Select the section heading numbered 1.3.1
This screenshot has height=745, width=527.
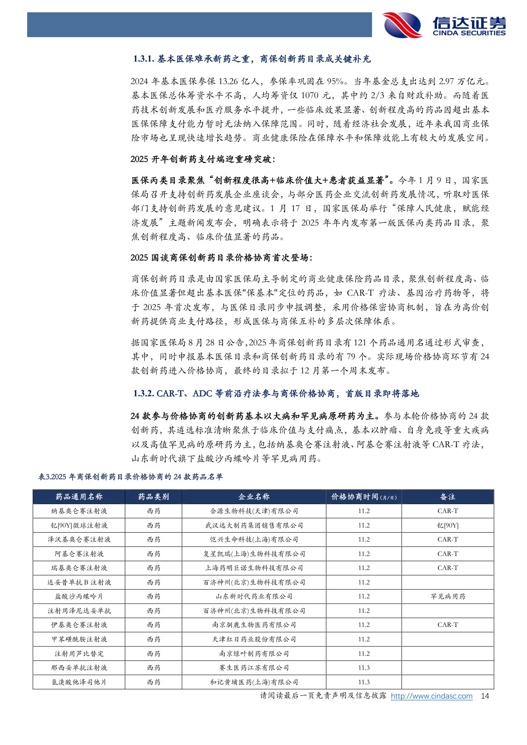tap(252, 59)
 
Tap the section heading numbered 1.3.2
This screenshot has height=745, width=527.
tap(276, 394)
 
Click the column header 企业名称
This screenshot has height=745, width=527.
tap(254, 497)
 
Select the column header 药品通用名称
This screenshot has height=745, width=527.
tap(79, 497)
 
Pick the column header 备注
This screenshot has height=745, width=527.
tap(448, 497)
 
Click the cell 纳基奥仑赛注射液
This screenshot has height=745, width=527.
tap(79, 511)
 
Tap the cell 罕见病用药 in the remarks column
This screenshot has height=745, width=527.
tap(448, 596)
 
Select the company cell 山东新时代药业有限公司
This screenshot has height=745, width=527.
tap(254, 596)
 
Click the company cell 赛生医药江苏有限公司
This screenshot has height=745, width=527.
tap(254, 668)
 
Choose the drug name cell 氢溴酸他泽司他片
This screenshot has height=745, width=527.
tap(79, 682)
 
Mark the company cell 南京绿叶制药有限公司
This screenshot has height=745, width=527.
tap(254, 654)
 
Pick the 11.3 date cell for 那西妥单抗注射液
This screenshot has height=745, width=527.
tap(364, 668)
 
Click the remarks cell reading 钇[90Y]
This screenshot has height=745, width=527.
tap(448, 525)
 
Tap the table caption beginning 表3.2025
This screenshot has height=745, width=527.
tap(130, 477)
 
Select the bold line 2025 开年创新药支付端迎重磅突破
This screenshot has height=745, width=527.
tap(203, 159)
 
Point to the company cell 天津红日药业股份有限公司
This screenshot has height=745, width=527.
tap(254, 639)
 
